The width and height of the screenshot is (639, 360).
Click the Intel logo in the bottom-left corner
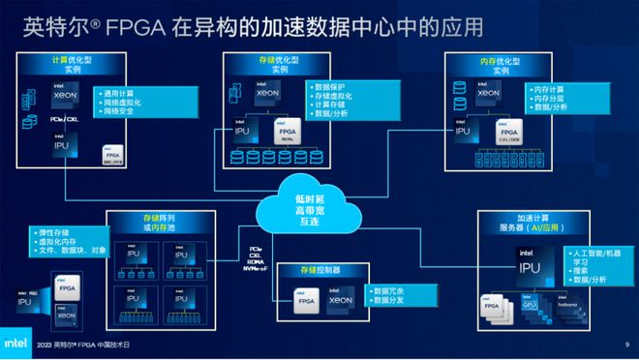point(17,343)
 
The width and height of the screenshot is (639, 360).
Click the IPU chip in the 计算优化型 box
point(61,146)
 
